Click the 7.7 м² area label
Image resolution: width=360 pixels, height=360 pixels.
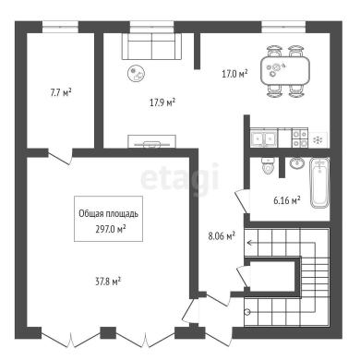61,92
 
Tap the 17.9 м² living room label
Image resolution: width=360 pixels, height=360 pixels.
162,102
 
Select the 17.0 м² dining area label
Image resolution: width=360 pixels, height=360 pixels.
234,74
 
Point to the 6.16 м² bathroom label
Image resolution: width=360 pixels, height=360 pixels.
287,200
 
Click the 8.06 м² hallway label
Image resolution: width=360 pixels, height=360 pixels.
222,236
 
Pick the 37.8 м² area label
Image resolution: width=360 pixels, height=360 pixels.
108,282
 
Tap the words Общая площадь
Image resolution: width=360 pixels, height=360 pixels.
108,213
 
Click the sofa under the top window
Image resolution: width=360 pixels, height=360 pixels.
151,46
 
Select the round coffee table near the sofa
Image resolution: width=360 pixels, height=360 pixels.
137,74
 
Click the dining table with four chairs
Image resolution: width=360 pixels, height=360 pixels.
285,71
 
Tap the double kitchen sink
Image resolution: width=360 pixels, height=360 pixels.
263,139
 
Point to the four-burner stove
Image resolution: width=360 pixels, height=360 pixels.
299,138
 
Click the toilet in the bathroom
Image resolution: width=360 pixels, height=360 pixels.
267,165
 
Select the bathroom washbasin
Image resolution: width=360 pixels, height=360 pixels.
297,163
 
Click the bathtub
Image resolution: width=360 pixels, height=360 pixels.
320,183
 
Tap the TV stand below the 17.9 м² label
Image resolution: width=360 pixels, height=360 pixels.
152,141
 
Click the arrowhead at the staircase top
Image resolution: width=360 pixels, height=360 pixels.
249,243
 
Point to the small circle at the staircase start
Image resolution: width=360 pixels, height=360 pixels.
246,312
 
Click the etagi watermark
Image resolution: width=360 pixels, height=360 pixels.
180,178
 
